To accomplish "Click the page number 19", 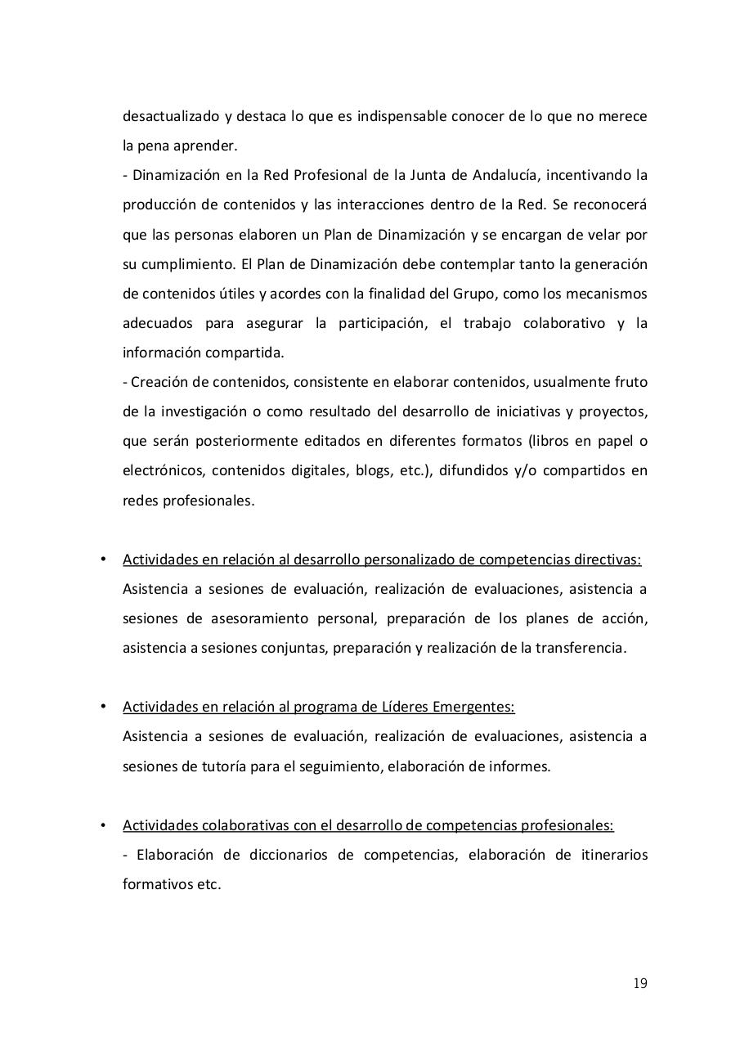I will click(639, 983).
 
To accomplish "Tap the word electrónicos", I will click(161, 470).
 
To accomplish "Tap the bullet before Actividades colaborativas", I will click(103, 825).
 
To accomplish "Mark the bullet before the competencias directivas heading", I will click(103, 559).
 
